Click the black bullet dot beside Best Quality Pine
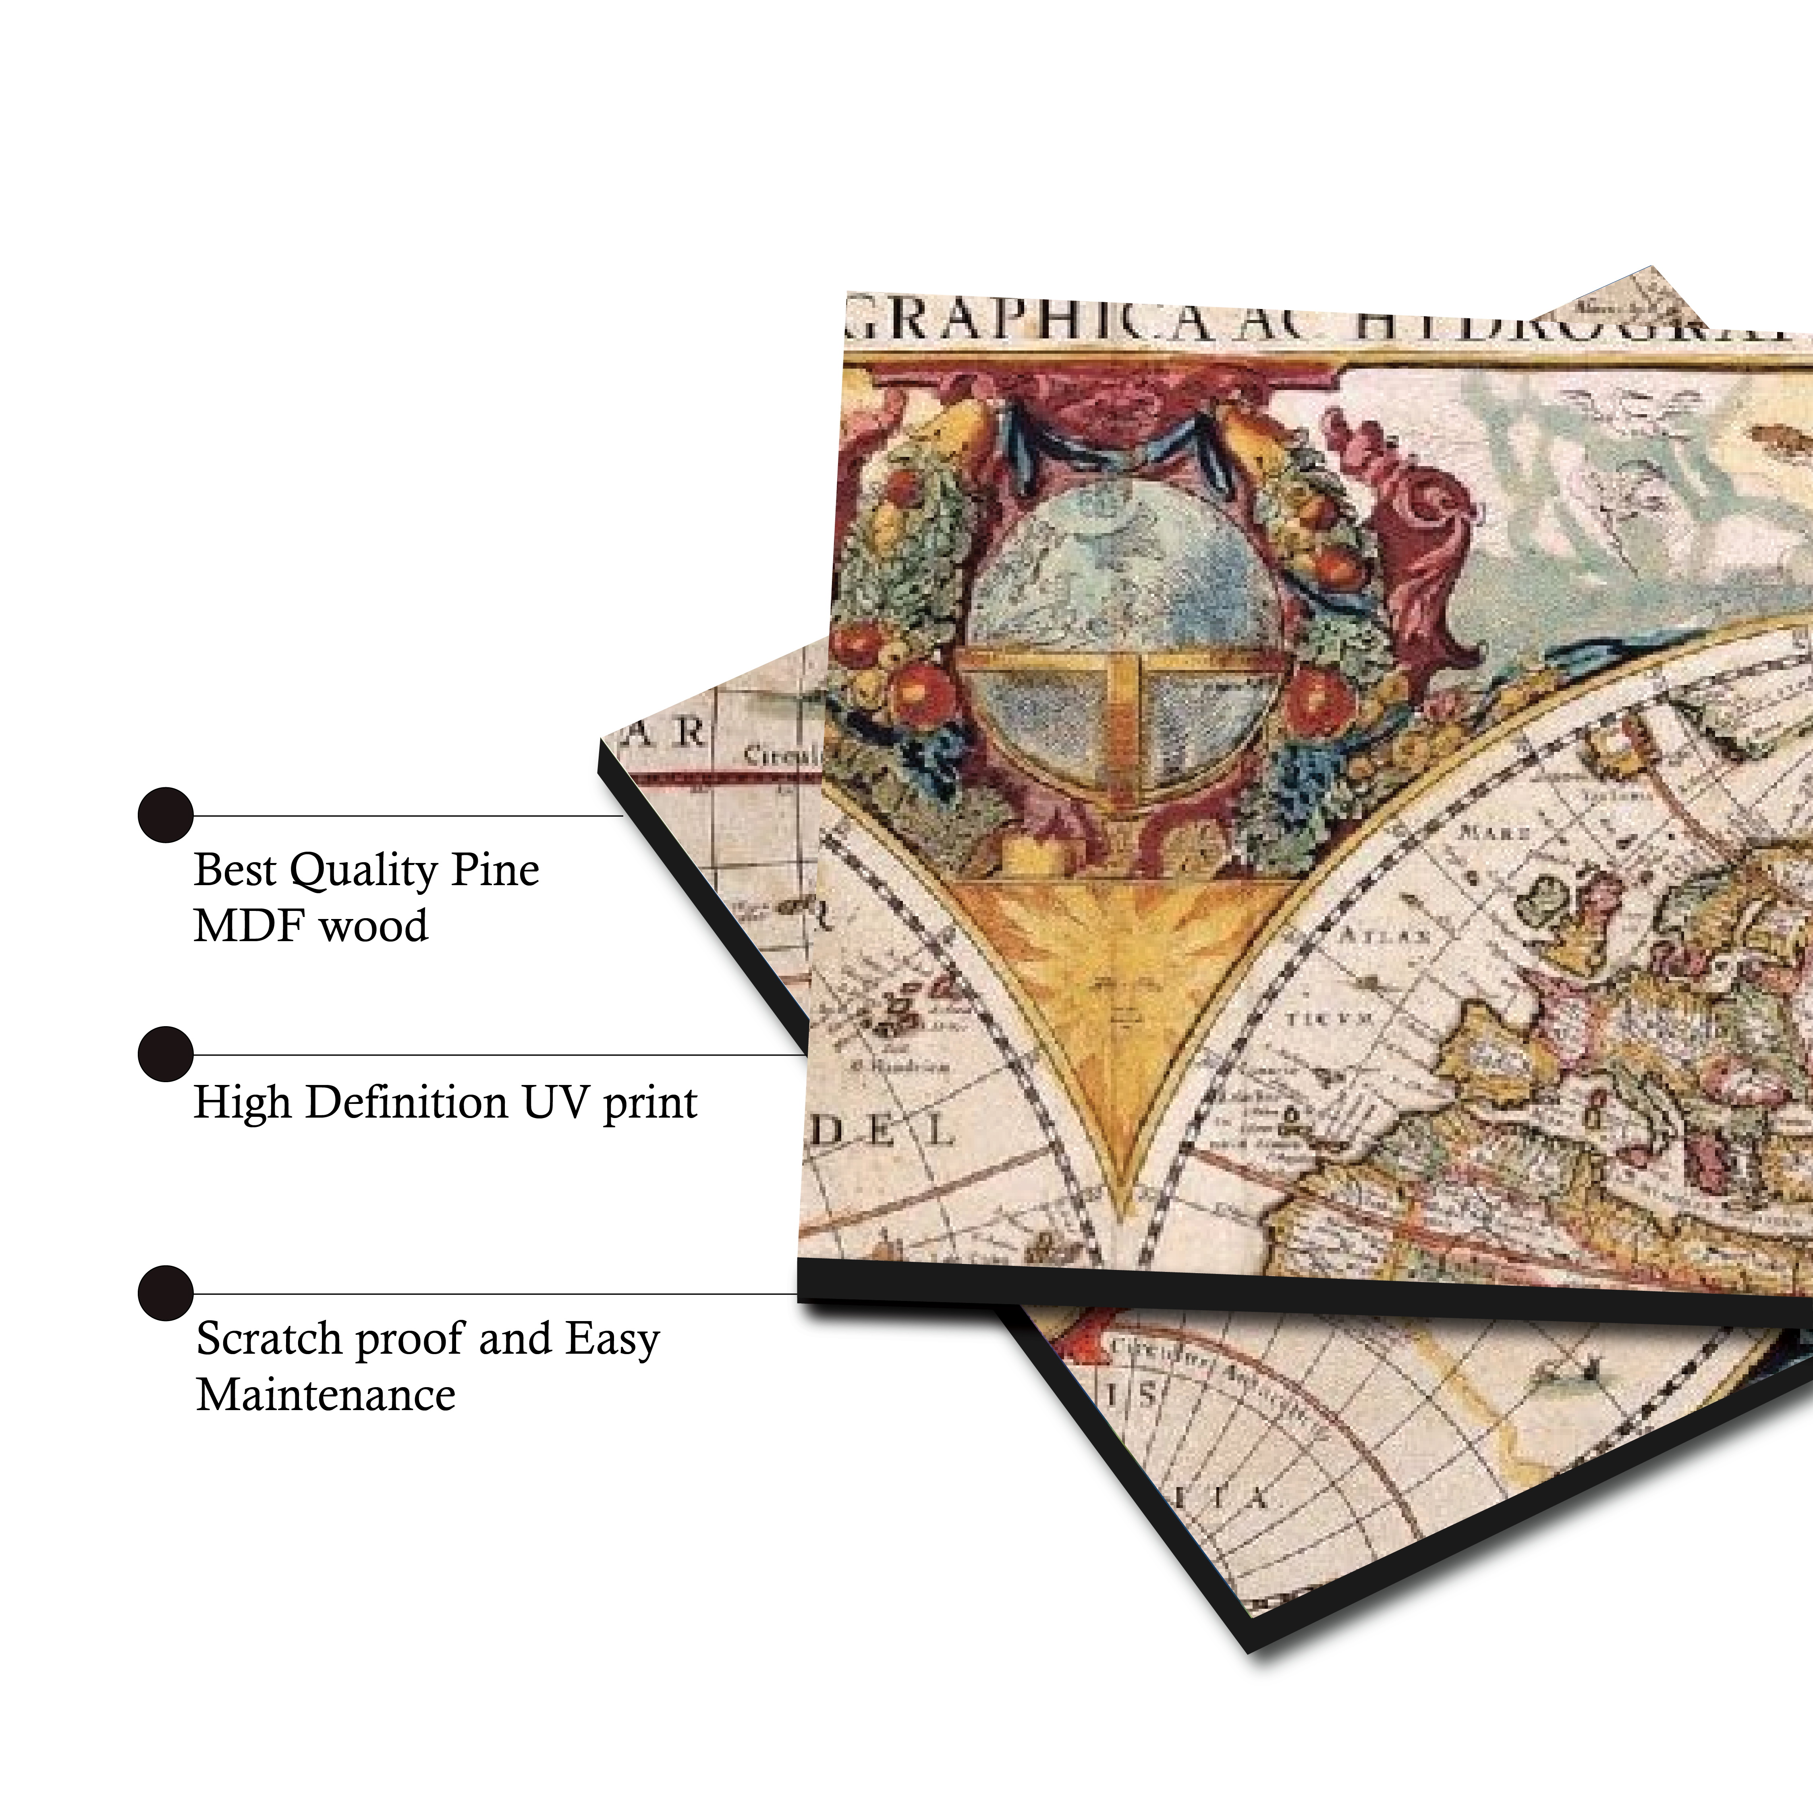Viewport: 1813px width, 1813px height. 165,815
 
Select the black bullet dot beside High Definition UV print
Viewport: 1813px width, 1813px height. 165,1054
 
